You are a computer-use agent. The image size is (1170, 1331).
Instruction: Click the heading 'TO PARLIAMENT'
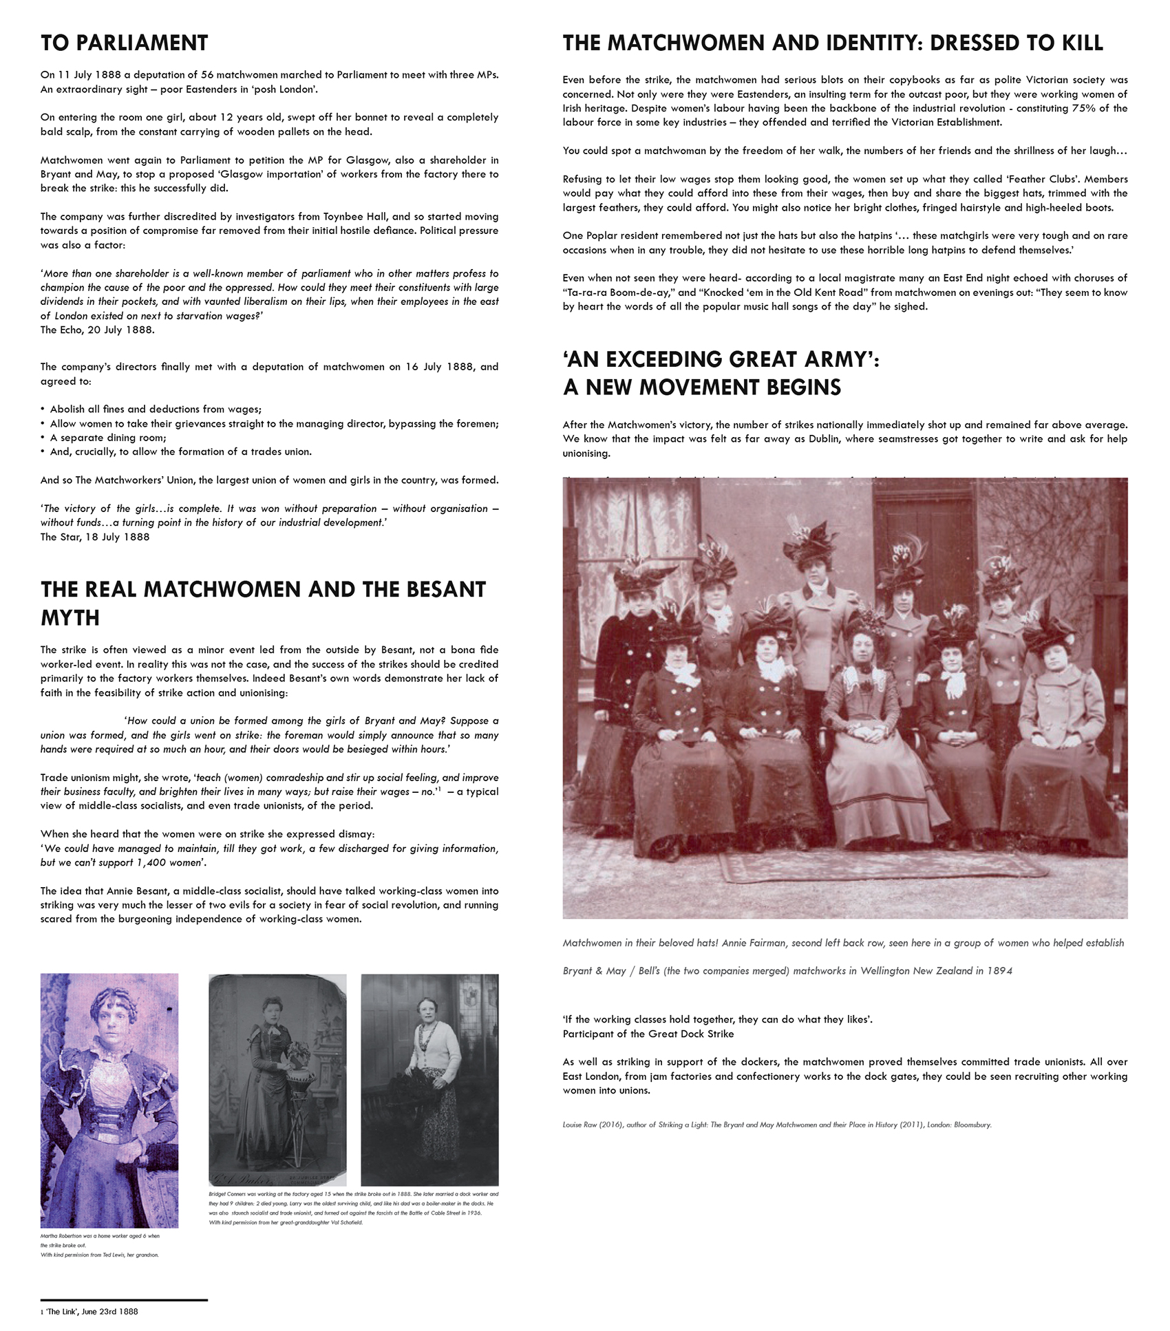(124, 43)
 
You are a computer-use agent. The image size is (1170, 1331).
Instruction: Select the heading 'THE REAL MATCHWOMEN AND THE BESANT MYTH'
(263, 603)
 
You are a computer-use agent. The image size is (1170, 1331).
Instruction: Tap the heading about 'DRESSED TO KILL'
(833, 43)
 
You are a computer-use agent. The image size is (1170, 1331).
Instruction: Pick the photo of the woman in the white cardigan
(429, 1078)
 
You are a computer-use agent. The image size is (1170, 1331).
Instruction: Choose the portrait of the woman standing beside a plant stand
(277, 1078)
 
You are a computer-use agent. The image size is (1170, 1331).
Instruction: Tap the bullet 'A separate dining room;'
(108, 438)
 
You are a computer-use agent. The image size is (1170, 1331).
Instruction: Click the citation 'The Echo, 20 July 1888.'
(97, 330)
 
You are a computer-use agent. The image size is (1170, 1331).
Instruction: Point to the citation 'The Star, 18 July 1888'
(94, 537)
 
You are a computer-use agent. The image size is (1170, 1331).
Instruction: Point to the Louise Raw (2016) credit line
(776, 1125)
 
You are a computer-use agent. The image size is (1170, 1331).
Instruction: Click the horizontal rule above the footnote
(124, 1299)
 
